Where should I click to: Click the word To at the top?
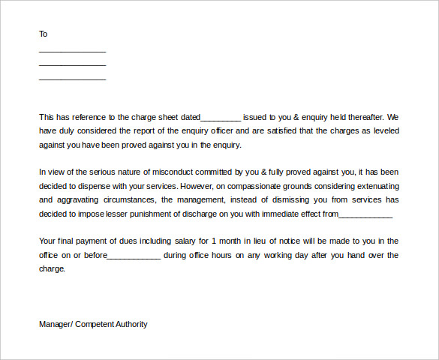click(x=43, y=34)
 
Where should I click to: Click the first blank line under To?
click(x=72, y=51)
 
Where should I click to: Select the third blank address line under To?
click(x=72, y=79)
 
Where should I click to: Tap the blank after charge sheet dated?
click(x=221, y=118)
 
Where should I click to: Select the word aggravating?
click(x=81, y=199)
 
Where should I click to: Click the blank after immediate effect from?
click(x=365, y=214)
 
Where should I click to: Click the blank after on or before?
click(x=134, y=256)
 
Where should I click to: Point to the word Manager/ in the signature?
click(x=55, y=324)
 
